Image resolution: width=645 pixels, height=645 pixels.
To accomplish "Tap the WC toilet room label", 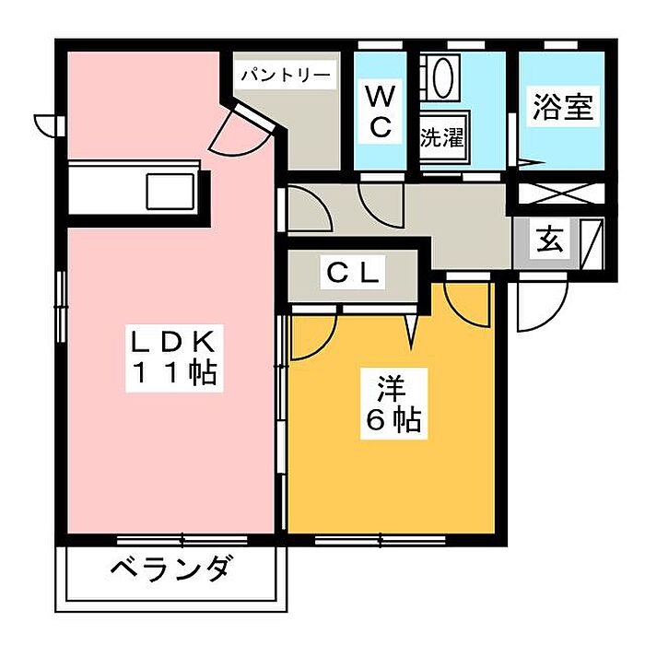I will pos(381,111).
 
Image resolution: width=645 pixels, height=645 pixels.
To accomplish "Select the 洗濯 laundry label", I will pos(442,138).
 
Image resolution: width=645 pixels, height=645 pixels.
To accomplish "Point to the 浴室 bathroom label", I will pos(561,108).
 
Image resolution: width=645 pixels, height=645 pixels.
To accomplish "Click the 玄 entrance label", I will pos(549,240).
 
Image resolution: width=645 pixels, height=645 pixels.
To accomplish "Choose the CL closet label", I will pos(351,273).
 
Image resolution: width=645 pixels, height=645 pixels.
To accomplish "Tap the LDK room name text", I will pos(171,343).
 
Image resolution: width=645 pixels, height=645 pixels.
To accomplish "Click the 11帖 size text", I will pos(171,373).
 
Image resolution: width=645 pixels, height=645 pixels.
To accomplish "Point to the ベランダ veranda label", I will pos(170,569).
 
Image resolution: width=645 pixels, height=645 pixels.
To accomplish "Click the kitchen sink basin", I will pos(170,193).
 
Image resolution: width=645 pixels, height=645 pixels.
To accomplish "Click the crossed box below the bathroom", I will pos(559,195).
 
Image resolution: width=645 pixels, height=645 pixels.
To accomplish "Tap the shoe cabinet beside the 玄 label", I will pos(589,240).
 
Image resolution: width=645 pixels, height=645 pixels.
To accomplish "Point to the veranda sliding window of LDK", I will pos(170,539).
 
